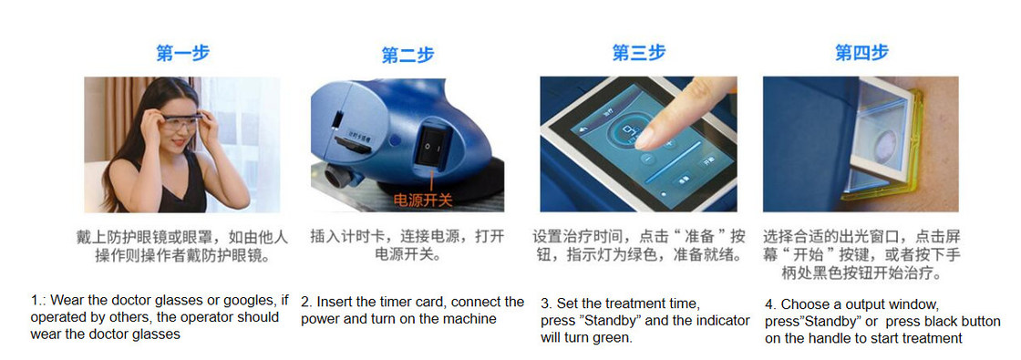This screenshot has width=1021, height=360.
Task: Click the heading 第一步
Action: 183,53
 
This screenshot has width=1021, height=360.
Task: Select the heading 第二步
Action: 407,56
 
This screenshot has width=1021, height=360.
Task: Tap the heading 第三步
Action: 639,53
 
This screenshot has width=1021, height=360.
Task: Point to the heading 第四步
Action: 861,53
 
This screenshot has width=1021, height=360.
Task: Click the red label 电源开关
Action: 423,201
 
